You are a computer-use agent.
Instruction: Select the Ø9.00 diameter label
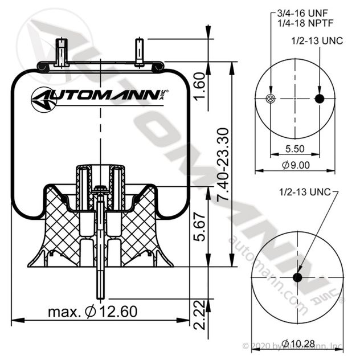click(296, 165)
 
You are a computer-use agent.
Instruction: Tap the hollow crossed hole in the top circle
click(270, 99)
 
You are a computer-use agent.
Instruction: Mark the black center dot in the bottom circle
click(297, 277)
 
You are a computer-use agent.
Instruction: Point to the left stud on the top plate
click(61, 51)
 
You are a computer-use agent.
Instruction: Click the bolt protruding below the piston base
click(100, 282)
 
